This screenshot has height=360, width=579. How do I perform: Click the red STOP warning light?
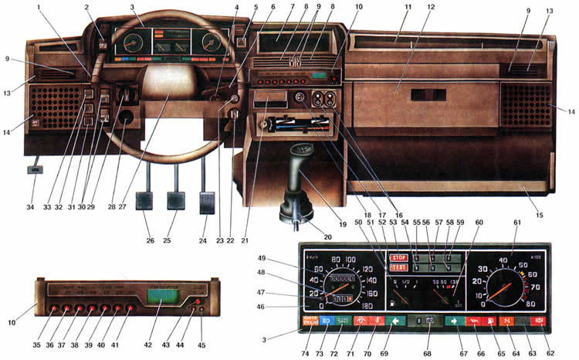(x=399, y=257)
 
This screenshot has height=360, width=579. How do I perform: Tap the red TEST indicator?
(x=399, y=267)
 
